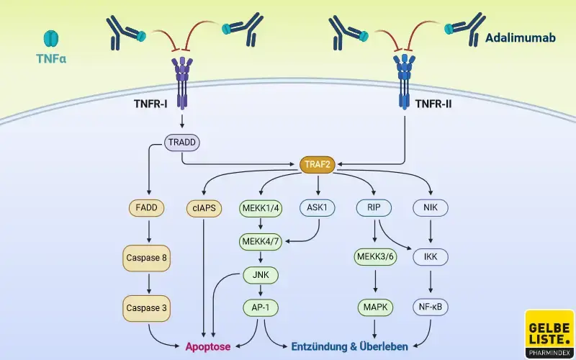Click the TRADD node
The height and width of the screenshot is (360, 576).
click(x=182, y=143)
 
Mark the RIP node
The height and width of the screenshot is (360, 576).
click(x=374, y=209)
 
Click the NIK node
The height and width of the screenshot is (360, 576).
click(x=431, y=209)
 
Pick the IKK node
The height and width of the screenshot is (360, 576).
click(x=431, y=257)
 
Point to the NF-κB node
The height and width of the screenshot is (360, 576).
click(x=431, y=308)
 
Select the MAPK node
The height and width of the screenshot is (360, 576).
click(x=374, y=308)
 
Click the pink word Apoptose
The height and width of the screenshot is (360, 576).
click(x=208, y=346)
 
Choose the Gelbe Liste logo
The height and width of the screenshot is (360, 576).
click(x=549, y=333)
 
